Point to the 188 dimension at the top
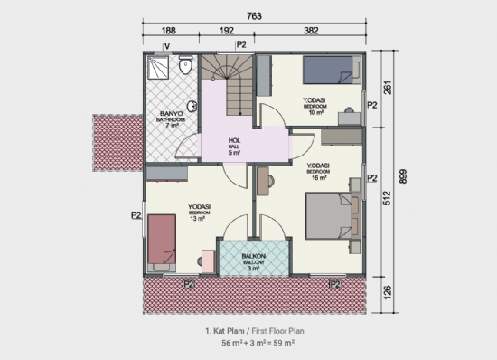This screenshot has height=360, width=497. pyautogui.click(x=169, y=30)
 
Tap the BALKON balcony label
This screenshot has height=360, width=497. pyautogui.click(x=254, y=260)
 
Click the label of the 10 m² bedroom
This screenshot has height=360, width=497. pyautogui.click(x=315, y=104)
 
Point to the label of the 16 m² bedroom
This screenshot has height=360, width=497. pyautogui.click(x=317, y=170)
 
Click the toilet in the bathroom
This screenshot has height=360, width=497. pyautogui.click(x=184, y=65)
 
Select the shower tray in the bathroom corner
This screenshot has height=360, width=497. pyautogui.click(x=158, y=68)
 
